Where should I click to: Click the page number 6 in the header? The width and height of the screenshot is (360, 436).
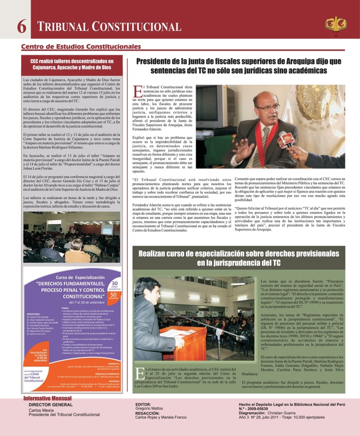pos(21,27)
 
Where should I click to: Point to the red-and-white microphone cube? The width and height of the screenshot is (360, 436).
pos(286,138)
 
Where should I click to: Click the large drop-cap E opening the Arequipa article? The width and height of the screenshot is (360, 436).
pos(137,91)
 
